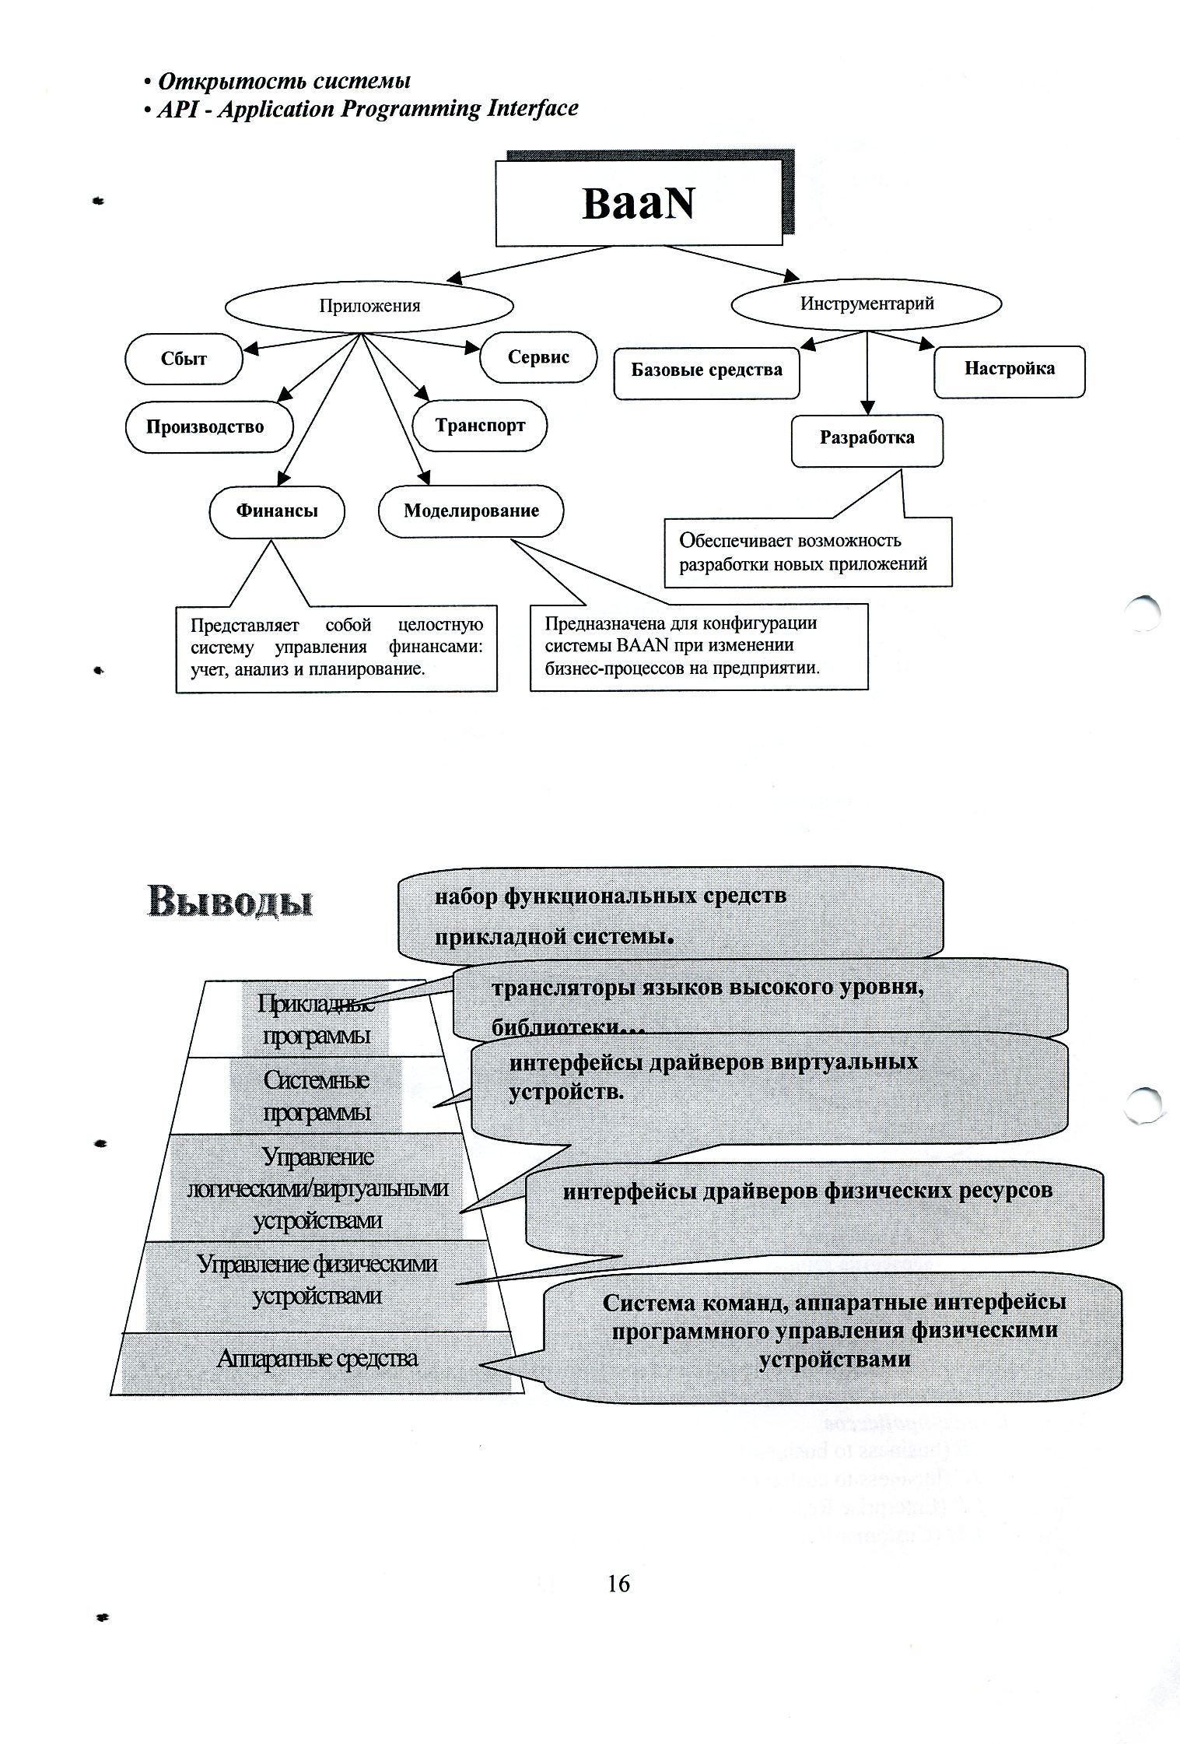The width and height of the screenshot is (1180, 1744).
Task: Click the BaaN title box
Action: coord(638,203)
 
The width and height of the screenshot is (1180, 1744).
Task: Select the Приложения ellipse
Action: coord(369,306)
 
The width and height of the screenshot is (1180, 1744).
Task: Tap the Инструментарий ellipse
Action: coord(867,304)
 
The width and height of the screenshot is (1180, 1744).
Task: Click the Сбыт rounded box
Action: coord(184,359)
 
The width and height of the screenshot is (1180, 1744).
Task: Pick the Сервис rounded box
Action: coord(538,357)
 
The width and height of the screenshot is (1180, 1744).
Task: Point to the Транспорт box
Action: coord(480,426)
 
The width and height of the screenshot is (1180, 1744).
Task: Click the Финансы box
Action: coord(277,511)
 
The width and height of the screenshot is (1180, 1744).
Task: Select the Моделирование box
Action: coord(471,511)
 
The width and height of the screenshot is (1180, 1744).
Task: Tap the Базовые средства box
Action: coord(706,370)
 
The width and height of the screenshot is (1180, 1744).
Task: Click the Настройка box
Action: coord(1010,369)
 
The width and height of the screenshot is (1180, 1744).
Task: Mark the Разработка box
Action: coord(867,438)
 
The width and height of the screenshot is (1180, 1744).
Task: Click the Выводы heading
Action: coord(230,901)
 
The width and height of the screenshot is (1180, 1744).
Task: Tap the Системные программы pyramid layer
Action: coord(316,1096)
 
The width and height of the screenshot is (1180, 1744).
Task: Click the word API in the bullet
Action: coord(174,109)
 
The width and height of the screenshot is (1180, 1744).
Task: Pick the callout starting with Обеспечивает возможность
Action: coord(807,552)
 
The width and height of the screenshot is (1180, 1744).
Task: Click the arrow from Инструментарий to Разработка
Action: coord(867,374)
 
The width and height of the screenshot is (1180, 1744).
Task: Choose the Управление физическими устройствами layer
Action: coord(317,1279)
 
